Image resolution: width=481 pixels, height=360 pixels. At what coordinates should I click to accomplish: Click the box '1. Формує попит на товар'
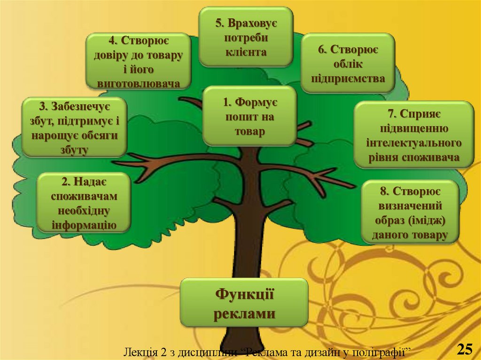[x=249, y=116]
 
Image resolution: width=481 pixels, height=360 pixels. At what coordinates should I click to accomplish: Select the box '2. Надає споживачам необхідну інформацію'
[x=84, y=203]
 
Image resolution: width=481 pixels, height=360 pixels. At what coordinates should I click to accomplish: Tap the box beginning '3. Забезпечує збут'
[x=74, y=127]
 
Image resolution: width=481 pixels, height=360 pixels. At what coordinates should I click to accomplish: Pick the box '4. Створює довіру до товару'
[x=138, y=61]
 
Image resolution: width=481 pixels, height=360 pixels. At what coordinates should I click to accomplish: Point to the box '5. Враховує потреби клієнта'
[x=246, y=37]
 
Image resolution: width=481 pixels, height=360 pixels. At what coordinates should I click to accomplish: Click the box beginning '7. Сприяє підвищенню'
[x=413, y=135]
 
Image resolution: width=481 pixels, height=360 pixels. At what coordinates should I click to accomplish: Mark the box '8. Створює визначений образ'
[x=410, y=212]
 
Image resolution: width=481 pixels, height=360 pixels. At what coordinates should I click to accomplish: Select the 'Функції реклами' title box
[x=244, y=303]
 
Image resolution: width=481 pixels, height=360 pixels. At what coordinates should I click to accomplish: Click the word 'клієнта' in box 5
[x=245, y=52]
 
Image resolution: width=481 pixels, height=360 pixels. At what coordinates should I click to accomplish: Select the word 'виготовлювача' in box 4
[x=138, y=83]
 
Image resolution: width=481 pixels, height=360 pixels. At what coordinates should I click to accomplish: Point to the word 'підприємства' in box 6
[x=348, y=78]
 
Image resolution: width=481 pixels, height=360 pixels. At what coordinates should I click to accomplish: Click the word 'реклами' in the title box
[x=244, y=314]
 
